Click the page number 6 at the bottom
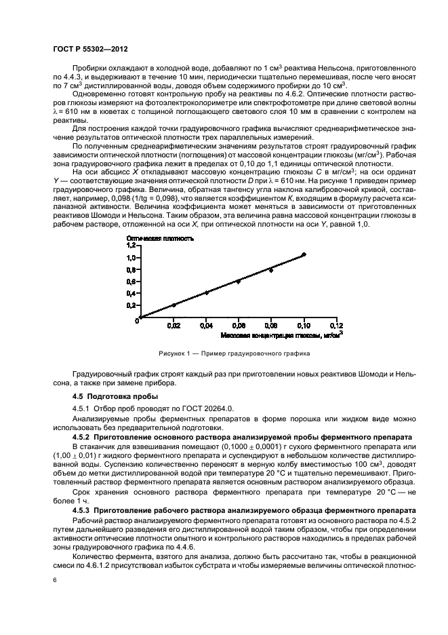(x=54, y=579)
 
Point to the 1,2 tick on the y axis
(x=130, y=246)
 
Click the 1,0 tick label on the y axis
(x=130, y=258)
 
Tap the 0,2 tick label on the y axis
(x=130, y=305)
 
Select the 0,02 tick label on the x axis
(x=174, y=326)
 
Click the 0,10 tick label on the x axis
(x=304, y=326)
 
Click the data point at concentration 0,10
(x=304, y=254)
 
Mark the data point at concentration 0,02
(x=174, y=305)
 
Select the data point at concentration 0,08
(x=271, y=270)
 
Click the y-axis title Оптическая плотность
(x=161, y=239)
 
